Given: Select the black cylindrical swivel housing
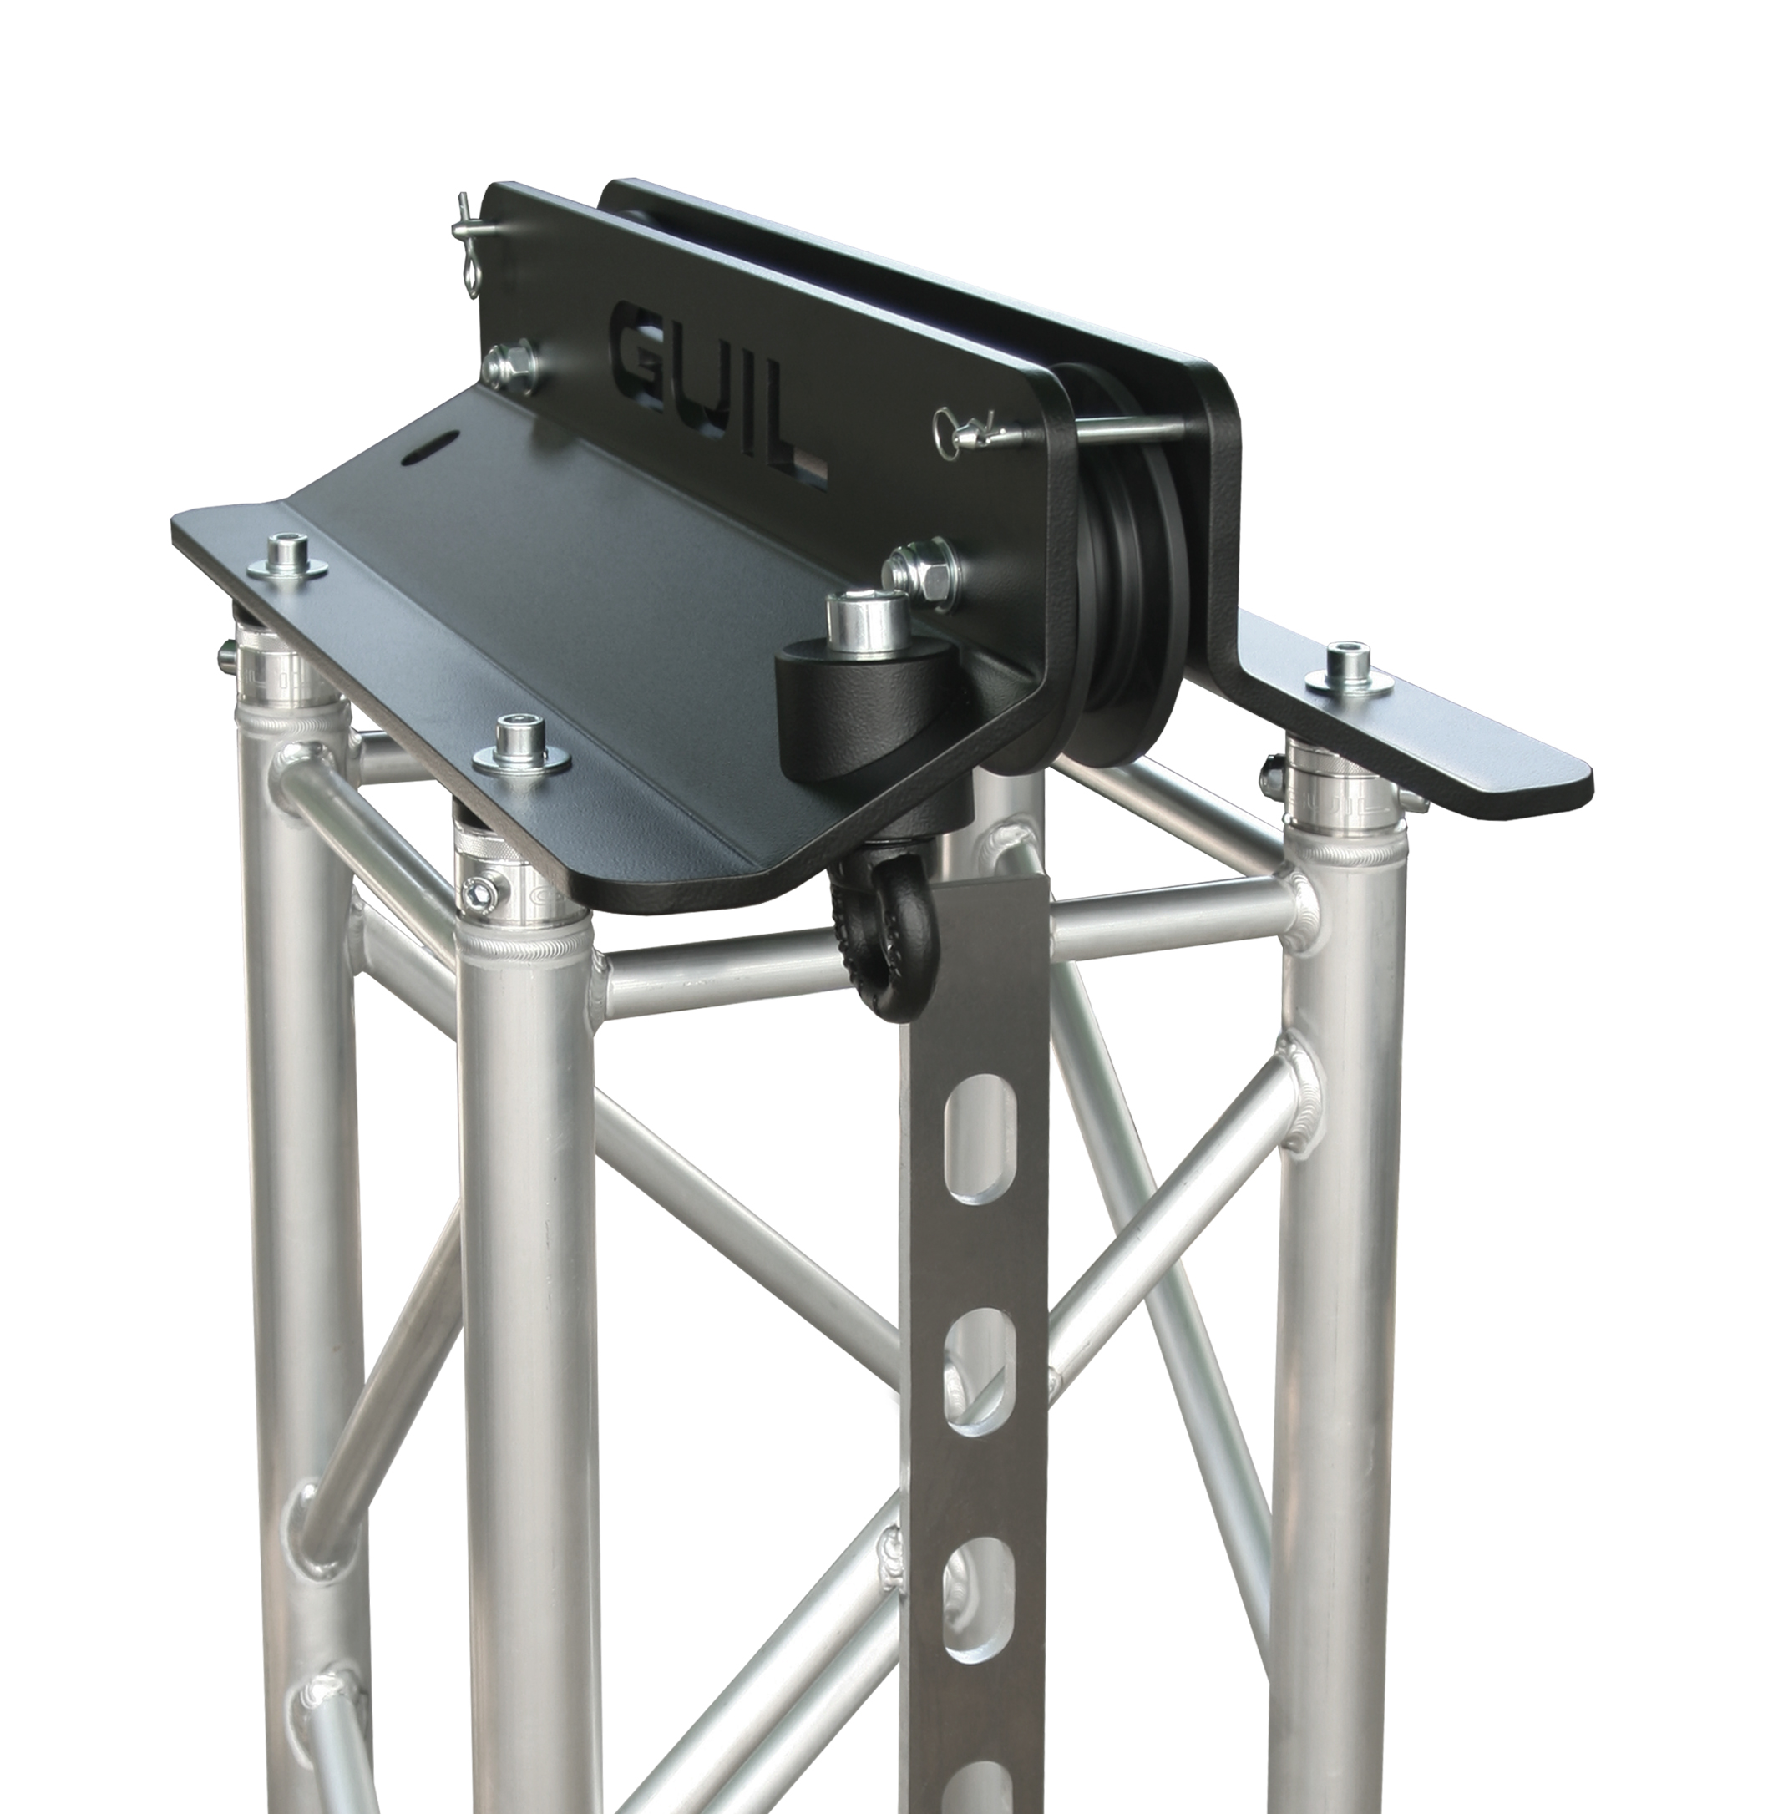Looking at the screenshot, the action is pos(851,693).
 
